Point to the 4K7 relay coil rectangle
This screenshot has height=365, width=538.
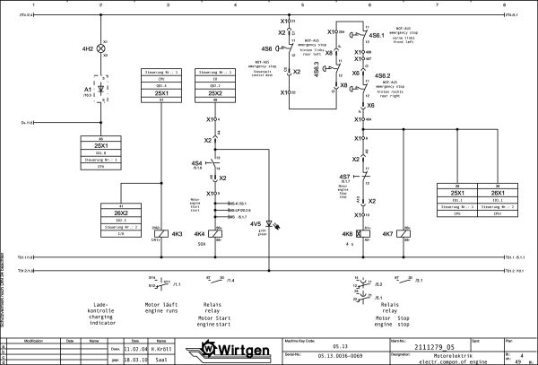[402, 234]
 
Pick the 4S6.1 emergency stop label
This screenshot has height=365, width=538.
[377, 36]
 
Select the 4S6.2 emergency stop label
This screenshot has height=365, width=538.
[382, 77]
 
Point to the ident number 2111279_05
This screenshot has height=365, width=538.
[438, 343]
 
